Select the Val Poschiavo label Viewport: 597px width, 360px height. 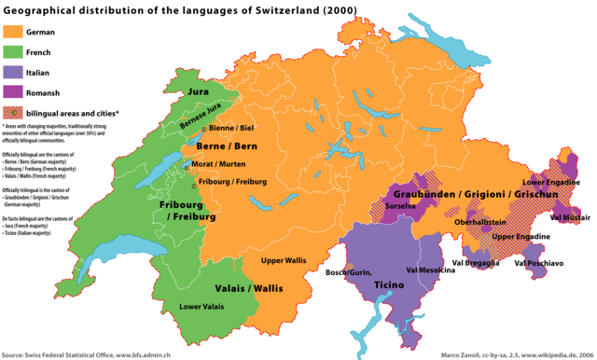click(x=538, y=263)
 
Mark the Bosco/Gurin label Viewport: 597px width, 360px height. click(x=349, y=271)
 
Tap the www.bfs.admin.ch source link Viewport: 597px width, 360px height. click(x=161, y=354)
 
